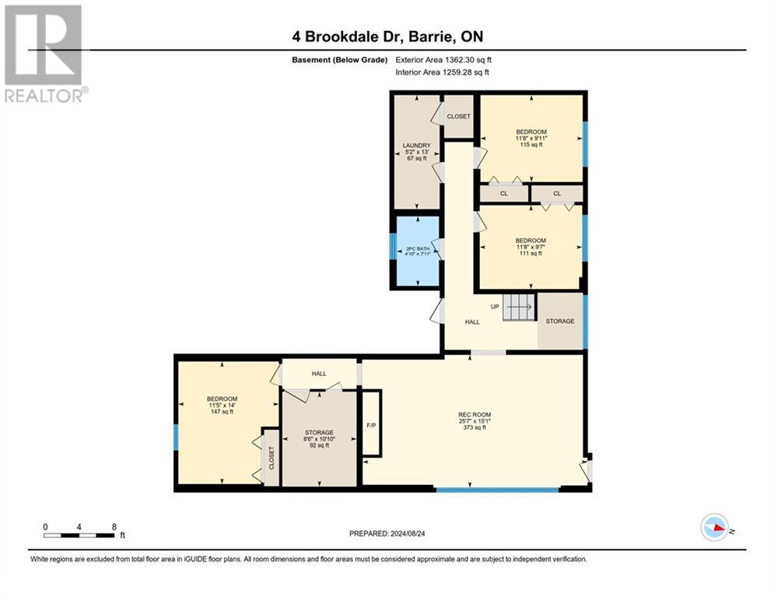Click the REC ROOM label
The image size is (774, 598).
pyautogui.click(x=475, y=414)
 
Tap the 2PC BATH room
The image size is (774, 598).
pyautogui.click(x=417, y=252)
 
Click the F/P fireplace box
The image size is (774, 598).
pyautogui.click(x=371, y=424)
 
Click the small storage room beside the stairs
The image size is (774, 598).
pyautogui.click(x=560, y=321)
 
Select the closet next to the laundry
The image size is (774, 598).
pyautogui.click(x=459, y=116)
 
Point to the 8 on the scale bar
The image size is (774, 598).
pyautogui.click(x=114, y=526)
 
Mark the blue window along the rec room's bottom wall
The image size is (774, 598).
pyautogui.click(x=497, y=490)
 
